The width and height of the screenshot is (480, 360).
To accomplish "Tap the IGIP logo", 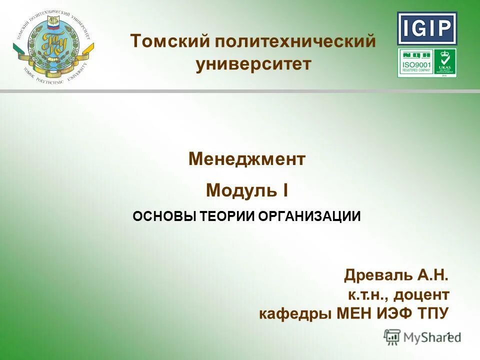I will tap(427, 28).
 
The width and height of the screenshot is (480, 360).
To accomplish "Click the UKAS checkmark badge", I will tap(444, 63).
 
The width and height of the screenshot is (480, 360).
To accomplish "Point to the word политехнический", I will tap(295, 41).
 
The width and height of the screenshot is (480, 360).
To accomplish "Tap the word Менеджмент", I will tap(247, 159).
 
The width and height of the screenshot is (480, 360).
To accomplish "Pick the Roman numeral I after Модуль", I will tap(285, 190).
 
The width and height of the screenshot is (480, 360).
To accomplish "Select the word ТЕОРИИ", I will tap(227, 216).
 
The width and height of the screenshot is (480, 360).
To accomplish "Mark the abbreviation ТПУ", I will tap(433, 313).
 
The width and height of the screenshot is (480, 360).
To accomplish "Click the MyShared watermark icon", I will tap(392, 337).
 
